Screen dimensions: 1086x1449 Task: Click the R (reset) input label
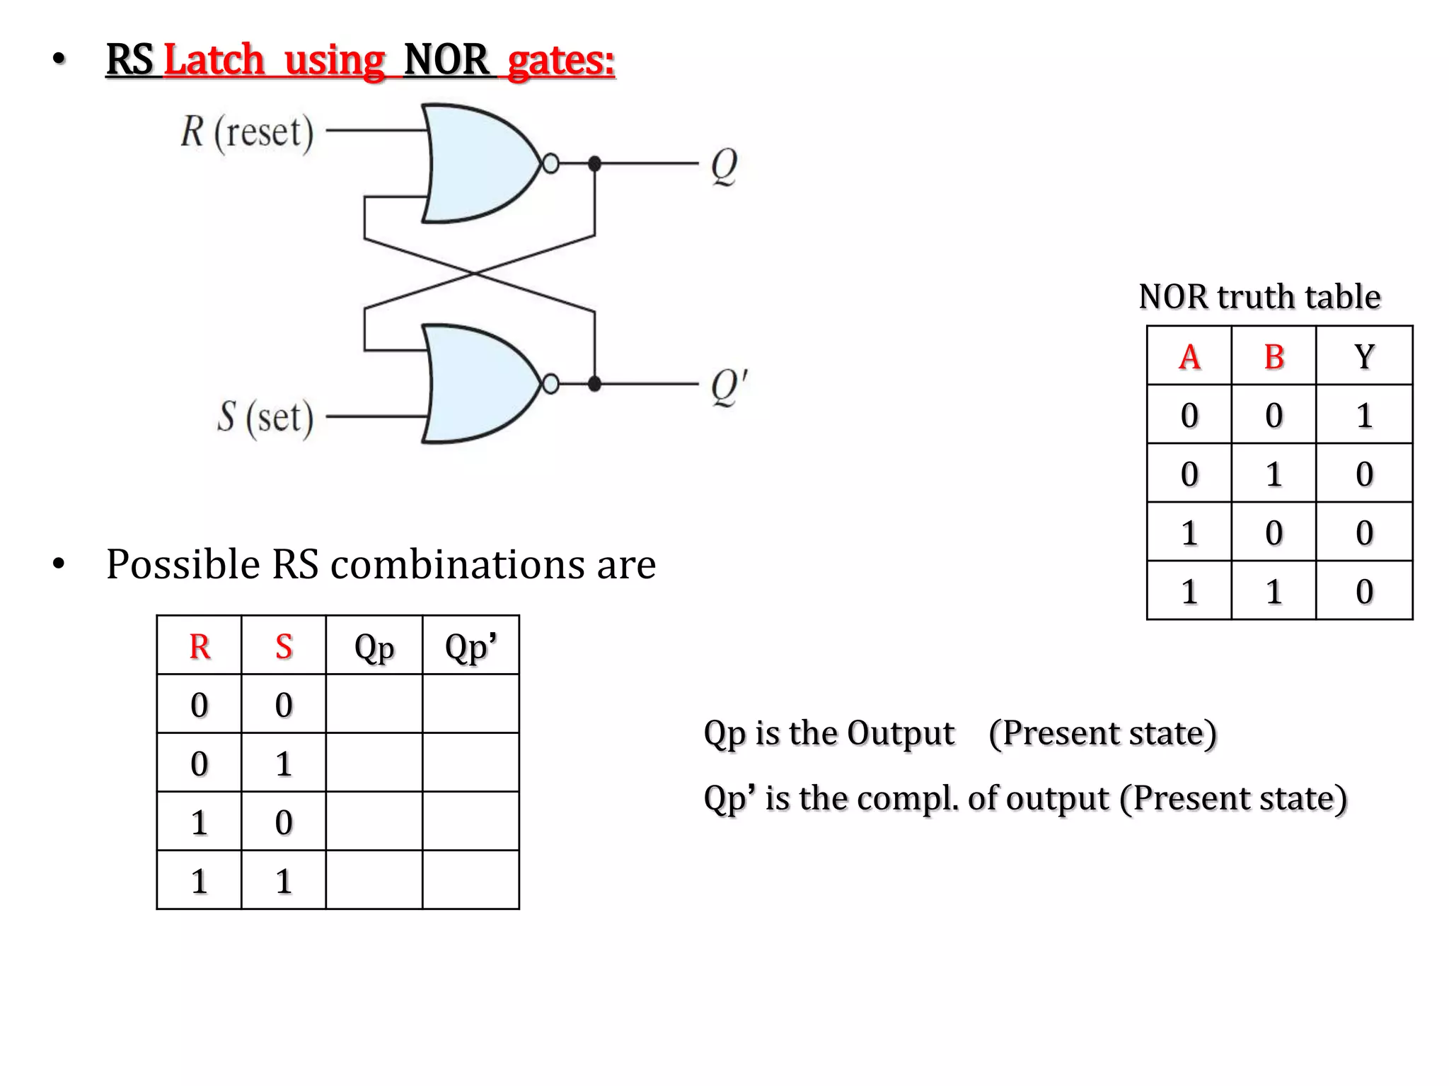coord(247,132)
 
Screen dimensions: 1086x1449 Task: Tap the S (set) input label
coord(265,417)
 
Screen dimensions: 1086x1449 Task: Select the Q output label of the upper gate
coord(724,165)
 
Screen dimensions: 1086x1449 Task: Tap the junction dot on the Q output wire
coord(594,164)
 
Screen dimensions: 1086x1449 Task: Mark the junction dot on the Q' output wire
coord(594,384)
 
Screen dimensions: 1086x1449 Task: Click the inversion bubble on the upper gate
coord(550,164)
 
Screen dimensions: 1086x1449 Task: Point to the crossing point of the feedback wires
coord(475,273)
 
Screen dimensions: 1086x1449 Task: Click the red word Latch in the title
coord(214,59)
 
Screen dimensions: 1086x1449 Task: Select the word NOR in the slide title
coord(446,59)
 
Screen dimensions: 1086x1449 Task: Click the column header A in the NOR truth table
coord(1189,356)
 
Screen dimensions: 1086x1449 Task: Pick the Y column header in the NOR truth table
coord(1364,356)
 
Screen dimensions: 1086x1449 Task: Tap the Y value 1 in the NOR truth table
coord(1364,415)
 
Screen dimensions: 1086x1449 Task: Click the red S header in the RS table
coord(284,646)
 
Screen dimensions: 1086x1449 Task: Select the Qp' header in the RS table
coord(471,646)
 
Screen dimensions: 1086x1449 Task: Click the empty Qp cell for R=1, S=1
coord(374,880)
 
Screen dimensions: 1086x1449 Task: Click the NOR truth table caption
coord(1259,296)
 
